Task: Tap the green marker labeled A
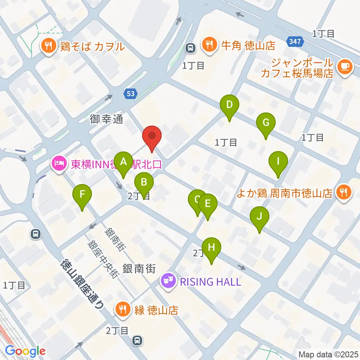pos(123,162)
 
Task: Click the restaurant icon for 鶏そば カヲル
pos(48,46)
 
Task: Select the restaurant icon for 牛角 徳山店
pos(209,46)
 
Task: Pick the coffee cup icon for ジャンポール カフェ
pos(344,67)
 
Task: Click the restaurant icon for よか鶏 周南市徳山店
pos(343,193)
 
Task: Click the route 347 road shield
pos(295,41)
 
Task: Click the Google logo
pos(25,351)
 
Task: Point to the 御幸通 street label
pos(106,119)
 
